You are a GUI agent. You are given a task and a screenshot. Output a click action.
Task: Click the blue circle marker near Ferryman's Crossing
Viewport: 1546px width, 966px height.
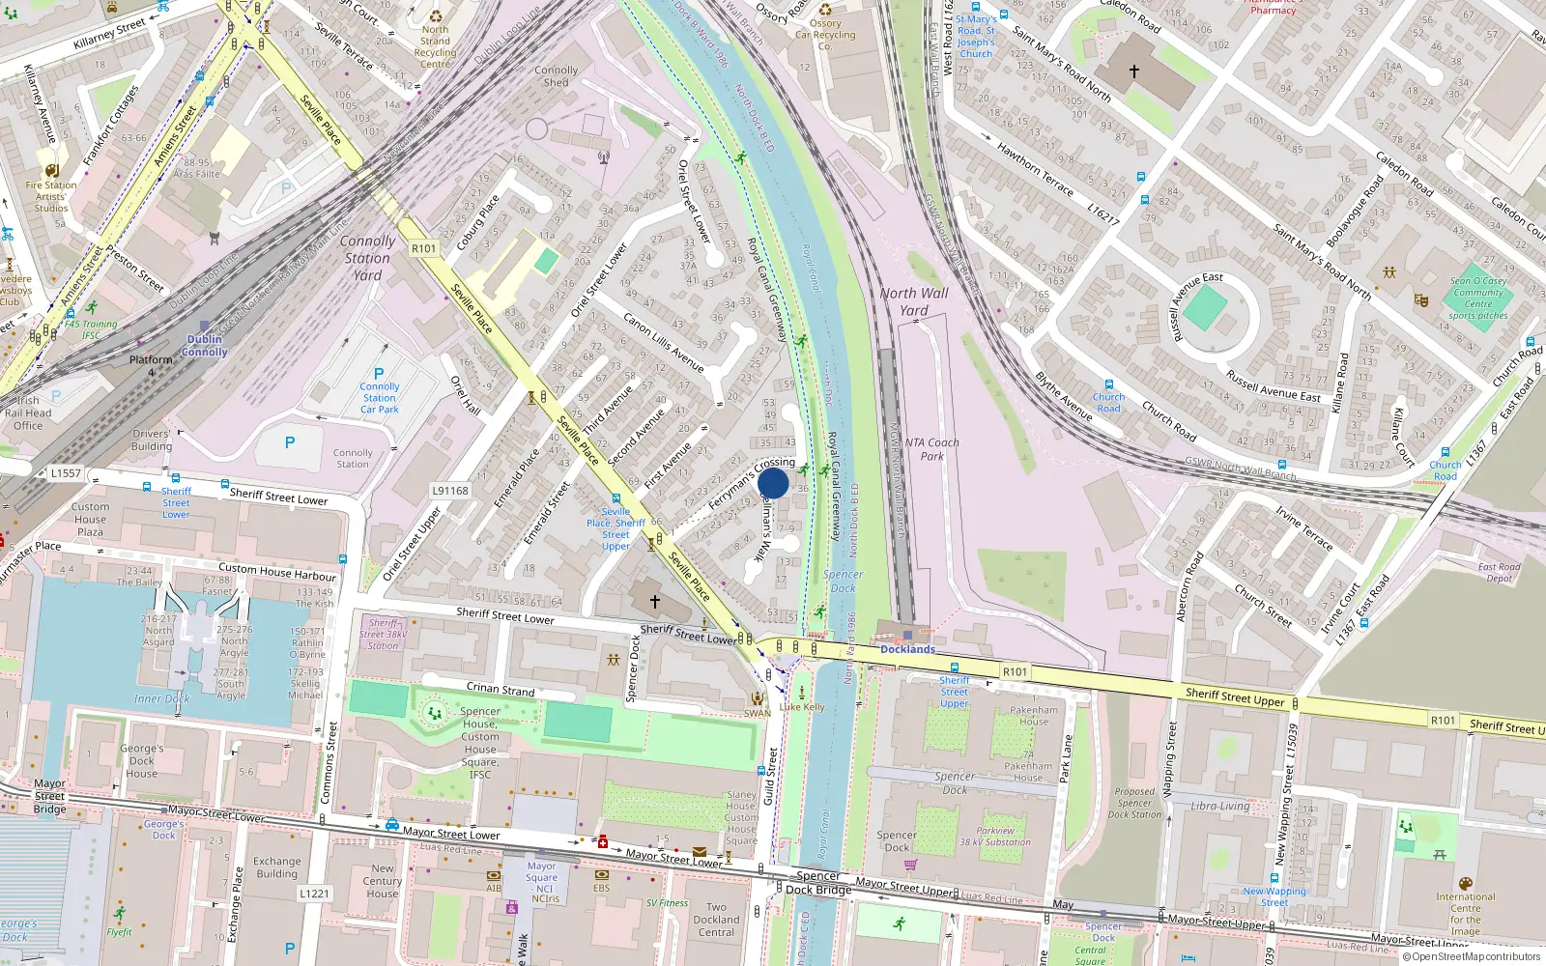pyautogui.click(x=773, y=483)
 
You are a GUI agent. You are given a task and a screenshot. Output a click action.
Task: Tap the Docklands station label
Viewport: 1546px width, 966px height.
pyautogui.click(x=907, y=649)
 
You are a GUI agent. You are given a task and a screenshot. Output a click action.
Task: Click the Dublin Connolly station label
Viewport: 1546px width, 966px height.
pyautogui.click(x=205, y=346)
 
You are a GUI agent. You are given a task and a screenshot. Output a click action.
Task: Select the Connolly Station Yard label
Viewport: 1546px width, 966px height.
pyautogui.click(x=367, y=258)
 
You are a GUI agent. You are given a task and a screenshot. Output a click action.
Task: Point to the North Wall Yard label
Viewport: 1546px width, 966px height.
pyautogui.click(x=914, y=301)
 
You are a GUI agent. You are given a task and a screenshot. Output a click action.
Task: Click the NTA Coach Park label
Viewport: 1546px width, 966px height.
pyautogui.click(x=932, y=449)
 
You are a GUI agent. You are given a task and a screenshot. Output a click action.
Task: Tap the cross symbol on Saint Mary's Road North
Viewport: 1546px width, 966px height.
pyautogui.click(x=1134, y=71)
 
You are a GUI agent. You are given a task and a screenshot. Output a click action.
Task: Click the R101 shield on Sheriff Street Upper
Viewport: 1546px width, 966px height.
pyautogui.click(x=1015, y=671)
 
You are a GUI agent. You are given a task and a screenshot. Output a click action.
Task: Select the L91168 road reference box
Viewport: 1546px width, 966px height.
pyautogui.click(x=450, y=491)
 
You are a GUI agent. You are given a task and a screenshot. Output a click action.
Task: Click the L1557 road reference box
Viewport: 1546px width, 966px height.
pyautogui.click(x=66, y=473)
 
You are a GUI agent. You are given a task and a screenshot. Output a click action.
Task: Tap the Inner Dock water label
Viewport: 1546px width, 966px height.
pyautogui.click(x=161, y=698)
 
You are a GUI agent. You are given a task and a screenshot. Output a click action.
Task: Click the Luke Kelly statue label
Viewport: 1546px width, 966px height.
pyautogui.click(x=802, y=706)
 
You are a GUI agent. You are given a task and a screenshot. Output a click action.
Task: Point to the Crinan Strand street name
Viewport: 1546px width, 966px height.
pyautogui.click(x=501, y=689)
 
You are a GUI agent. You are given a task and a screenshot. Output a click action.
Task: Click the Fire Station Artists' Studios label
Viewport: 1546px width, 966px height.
pyautogui.click(x=51, y=196)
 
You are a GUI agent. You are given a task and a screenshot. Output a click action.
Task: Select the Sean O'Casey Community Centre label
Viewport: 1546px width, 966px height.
pyautogui.click(x=1478, y=298)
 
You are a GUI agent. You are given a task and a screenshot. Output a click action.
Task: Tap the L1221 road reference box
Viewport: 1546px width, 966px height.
pyautogui.click(x=314, y=894)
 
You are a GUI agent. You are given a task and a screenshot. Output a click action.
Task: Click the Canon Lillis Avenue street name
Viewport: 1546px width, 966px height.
pyautogui.click(x=663, y=342)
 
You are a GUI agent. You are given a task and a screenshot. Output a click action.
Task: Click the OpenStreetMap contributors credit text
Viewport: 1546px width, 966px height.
pyautogui.click(x=1475, y=957)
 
